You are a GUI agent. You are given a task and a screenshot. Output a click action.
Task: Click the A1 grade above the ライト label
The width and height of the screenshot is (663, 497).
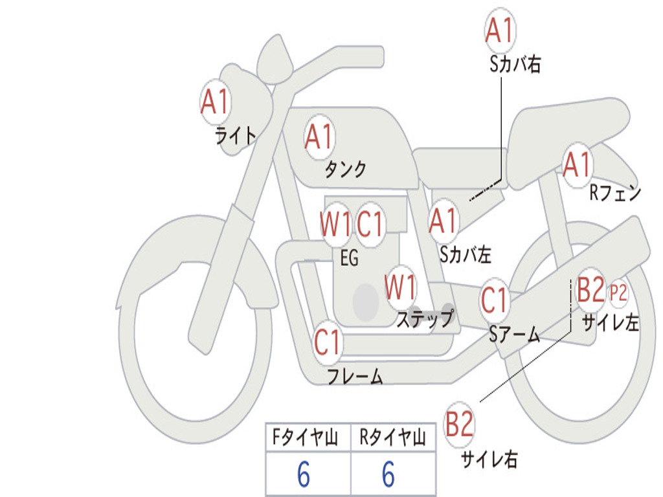click(216, 102)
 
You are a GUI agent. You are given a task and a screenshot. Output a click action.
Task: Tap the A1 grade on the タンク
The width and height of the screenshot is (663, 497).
click(319, 137)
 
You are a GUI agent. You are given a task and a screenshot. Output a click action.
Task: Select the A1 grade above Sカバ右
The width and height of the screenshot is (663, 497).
click(500, 31)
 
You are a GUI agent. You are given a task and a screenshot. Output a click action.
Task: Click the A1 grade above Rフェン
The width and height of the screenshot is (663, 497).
click(577, 164)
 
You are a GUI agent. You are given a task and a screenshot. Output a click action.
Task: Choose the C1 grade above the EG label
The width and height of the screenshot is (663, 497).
click(371, 225)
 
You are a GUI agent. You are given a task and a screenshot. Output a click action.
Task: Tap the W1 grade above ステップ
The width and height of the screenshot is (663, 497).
click(401, 287)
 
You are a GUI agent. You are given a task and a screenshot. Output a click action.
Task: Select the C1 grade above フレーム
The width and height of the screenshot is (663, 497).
click(328, 342)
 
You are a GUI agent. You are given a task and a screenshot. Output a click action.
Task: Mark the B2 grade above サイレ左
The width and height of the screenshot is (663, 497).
click(590, 291)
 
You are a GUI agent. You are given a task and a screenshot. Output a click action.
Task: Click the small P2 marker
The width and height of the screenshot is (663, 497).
click(619, 293)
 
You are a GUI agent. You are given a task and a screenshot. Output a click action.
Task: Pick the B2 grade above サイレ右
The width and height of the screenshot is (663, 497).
click(460, 425)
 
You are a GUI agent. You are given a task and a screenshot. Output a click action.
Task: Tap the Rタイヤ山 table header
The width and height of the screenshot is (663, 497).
click(392, 439)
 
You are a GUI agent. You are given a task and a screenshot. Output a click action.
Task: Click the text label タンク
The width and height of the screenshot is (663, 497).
click(345, 170)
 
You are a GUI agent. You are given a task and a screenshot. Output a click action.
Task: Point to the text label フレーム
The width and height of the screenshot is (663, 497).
click(355, 376)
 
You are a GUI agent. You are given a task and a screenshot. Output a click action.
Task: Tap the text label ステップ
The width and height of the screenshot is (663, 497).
click(425, 319)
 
